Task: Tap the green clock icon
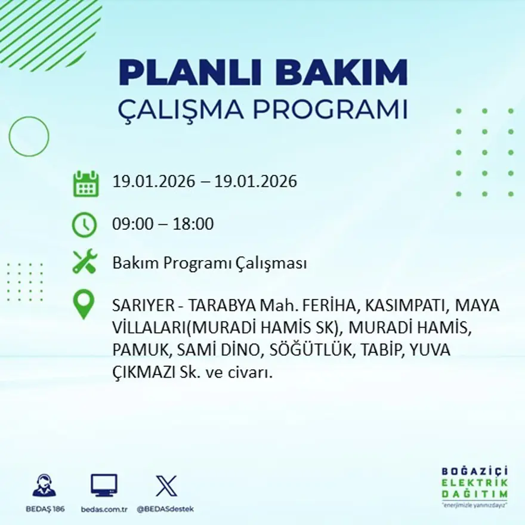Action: click(84, 225)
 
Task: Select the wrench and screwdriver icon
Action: click(84, 262)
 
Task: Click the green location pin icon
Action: click(84, 304)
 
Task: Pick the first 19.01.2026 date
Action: click(153, 181)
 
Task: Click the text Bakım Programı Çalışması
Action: click(209, 263)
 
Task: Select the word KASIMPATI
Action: click(405, 305)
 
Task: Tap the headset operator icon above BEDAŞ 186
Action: click(44, 486)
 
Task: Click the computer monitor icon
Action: click(104, 486)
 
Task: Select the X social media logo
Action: click(166, 486)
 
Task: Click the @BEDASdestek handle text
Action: click(165, 509)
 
